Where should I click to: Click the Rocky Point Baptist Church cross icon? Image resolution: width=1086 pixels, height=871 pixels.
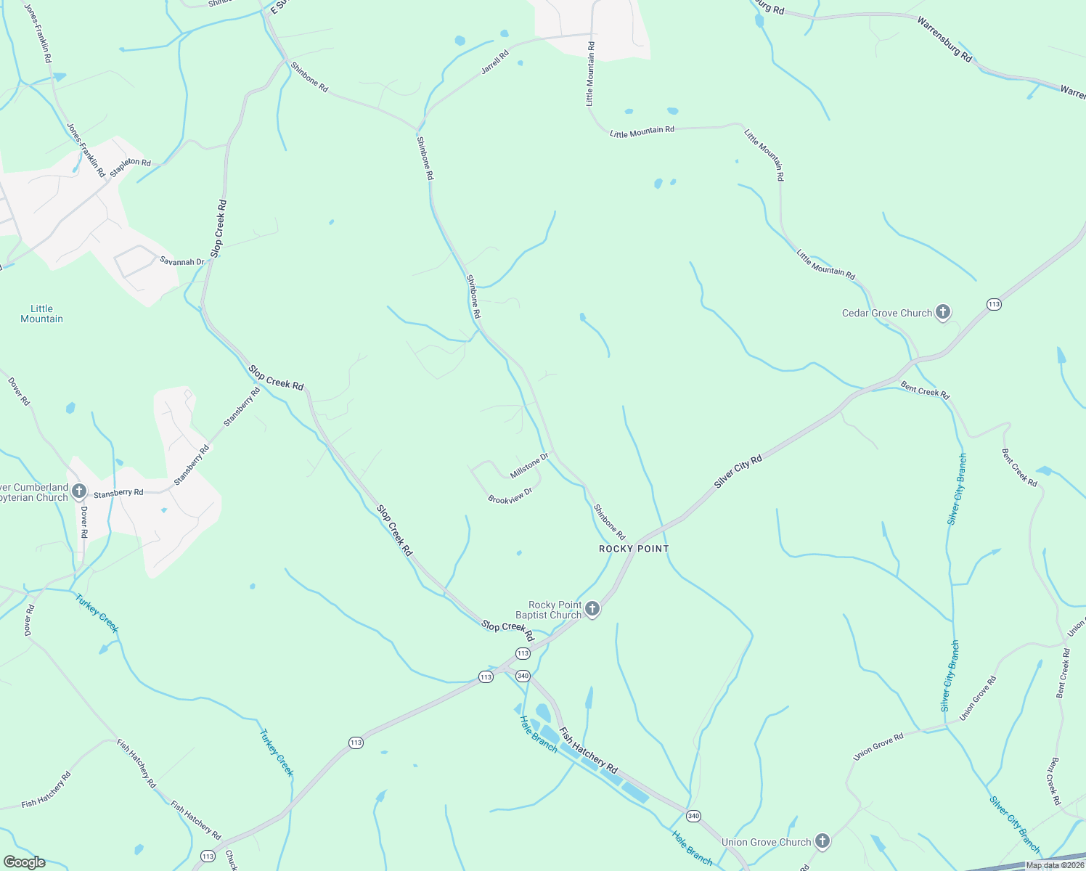pos(592,609)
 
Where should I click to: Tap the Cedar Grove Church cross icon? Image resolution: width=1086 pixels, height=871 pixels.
pos(943,313)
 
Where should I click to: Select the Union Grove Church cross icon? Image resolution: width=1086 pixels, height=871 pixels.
pos(822,841)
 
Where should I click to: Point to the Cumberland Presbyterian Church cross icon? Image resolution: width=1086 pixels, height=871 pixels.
pos(79,492)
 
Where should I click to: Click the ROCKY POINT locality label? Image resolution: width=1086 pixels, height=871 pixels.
pos(634,549)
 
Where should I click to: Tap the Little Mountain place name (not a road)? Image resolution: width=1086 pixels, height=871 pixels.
pos(41,314)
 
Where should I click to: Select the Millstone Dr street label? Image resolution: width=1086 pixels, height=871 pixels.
pos(528,466)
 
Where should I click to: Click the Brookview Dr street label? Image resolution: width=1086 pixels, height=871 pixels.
pos(510,496)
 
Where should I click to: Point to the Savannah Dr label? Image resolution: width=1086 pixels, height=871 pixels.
pos(182,261)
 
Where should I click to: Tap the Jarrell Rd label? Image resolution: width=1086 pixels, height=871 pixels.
pos(495,62)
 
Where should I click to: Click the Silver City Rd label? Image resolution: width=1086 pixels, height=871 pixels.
pos(738,471)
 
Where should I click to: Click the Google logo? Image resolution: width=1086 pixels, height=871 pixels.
pos(24,862)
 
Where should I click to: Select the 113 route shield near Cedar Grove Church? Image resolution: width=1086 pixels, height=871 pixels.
pos(994,304)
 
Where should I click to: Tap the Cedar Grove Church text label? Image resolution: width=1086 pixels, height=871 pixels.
pos(886,313)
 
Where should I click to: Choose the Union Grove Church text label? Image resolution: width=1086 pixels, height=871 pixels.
pos(766,842)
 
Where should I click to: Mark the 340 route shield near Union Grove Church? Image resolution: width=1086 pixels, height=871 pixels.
pos(693,816)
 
